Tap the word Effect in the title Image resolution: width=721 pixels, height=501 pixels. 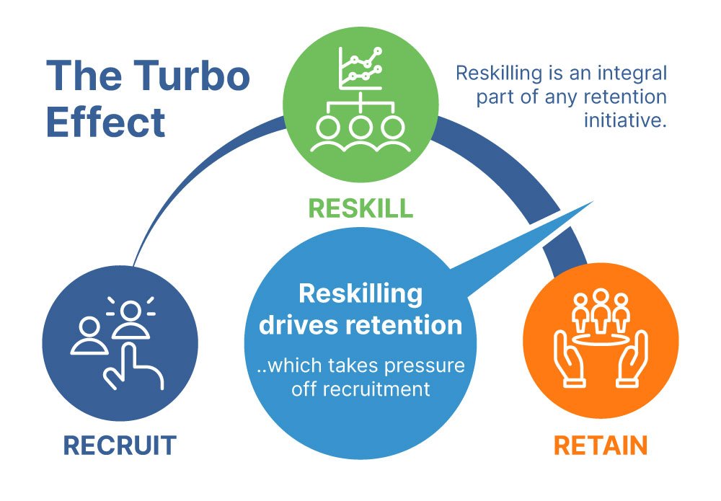(105, 123)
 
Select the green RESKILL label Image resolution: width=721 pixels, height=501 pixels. (360, 208)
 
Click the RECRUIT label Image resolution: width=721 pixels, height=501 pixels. (120, 445)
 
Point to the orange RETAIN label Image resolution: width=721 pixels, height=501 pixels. (600, 445)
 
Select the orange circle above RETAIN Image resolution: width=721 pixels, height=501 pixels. (601, 340)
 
